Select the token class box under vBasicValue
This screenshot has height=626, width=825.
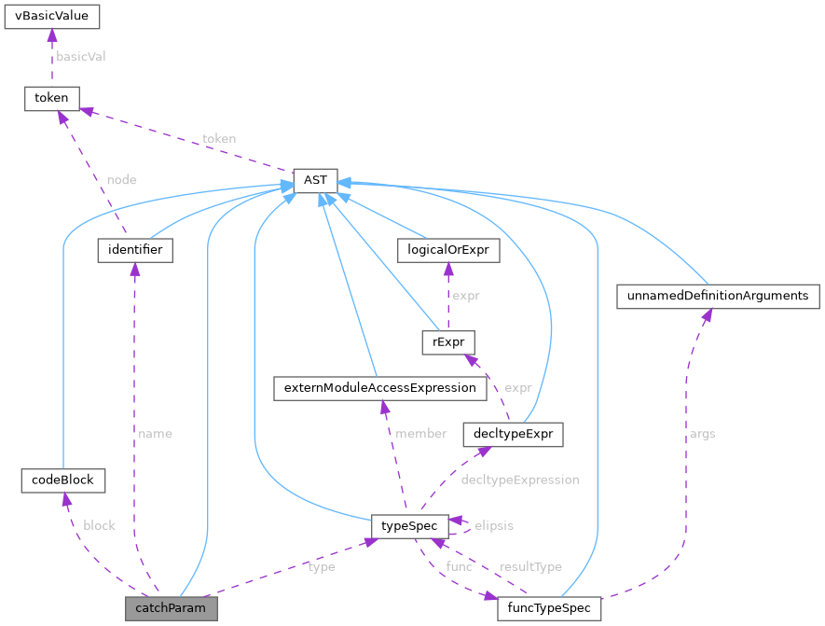tap(51, 97)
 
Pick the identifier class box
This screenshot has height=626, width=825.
tap(134, 250)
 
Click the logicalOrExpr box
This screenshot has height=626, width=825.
tap(447, 250)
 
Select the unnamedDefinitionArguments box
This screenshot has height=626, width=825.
tap(718, 297)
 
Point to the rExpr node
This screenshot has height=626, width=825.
tap(448, 342)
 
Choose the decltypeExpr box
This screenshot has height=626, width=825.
tap(513, 434)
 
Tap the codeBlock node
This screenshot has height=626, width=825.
tap(62, 480)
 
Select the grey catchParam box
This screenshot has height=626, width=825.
tap(172, 609)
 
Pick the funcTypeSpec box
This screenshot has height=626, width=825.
tap(549, 609)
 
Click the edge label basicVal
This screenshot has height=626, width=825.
tap(81, 56)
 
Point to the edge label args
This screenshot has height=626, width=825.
tap(702, 434)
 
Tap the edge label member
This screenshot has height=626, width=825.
tap(421, 434)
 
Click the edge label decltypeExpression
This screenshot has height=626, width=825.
tap(520, 480)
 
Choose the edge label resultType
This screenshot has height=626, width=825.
tap(530, 566)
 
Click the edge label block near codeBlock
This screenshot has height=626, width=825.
tap(99, 525)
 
